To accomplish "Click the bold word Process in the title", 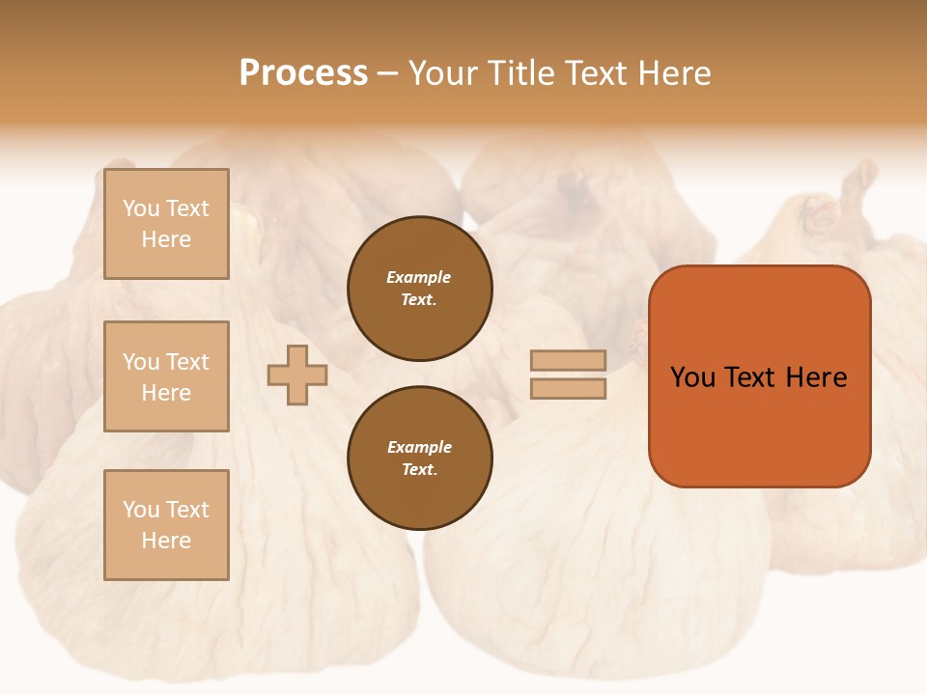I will click(303, 73).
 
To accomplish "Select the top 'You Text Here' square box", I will click(166, 224).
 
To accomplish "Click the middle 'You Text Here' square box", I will click(166, 376).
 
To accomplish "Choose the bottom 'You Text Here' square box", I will click(166, 525).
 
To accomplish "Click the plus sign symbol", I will click(297, 375).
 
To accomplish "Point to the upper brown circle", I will click(420, 289).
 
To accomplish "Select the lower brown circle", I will click(420, 459).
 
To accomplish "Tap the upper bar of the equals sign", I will click(568, 361).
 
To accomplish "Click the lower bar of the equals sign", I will click(568, 389).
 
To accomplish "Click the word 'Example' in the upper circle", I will click(418, 278).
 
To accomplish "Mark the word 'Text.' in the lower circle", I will click(419, 470).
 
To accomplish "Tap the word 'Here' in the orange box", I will click(816, 377).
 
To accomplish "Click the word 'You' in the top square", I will click(140, 208).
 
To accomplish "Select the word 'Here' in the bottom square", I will click(166, 541).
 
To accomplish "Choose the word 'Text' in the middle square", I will click(186, 362).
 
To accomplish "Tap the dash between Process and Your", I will click(387, 74).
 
